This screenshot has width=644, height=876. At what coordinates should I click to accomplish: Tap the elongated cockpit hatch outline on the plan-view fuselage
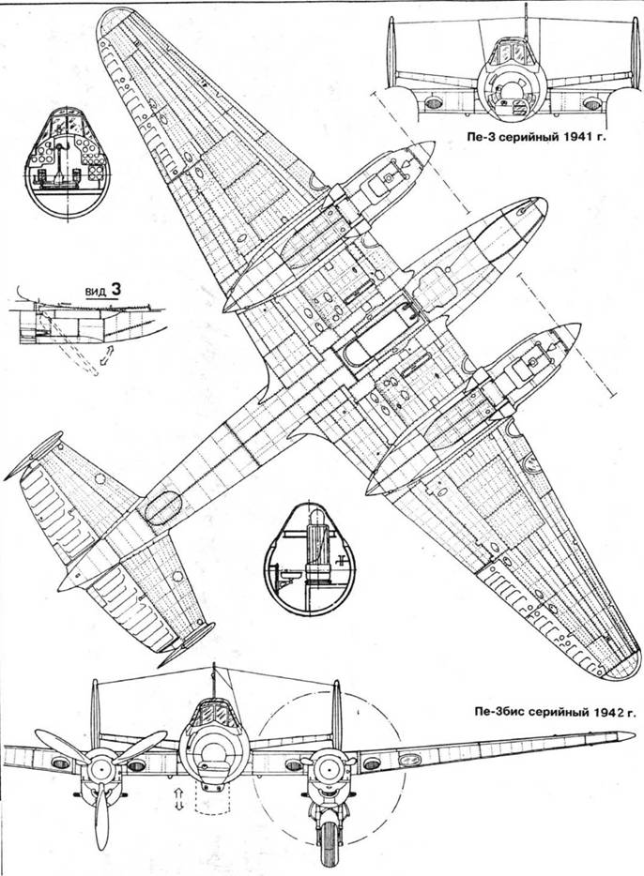372,335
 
